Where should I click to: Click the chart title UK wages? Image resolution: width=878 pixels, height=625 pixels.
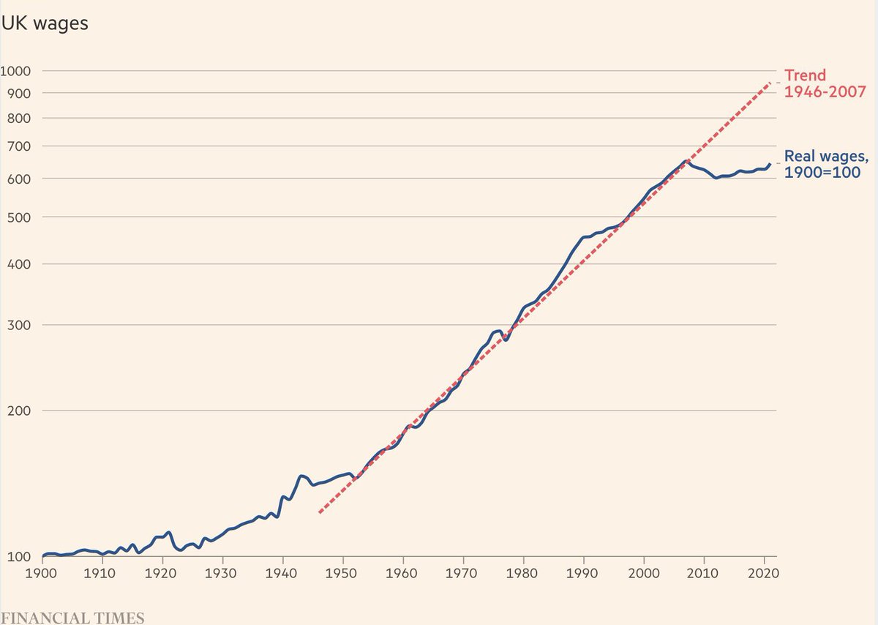tap(45, 23)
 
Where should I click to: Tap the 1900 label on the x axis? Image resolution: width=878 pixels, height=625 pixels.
tap(41, 572)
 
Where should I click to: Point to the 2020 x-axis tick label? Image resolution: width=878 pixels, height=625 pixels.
tap(763, 572)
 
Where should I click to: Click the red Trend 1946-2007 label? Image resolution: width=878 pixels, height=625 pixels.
tap(825, 83)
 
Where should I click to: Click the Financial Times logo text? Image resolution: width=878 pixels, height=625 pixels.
tap(72, 615)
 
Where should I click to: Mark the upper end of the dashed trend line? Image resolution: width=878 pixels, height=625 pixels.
tap(770, 83)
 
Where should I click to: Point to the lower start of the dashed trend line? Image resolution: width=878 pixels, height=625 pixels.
tap(319, 512)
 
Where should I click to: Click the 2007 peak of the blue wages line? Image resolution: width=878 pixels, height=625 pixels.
tap(686, 161)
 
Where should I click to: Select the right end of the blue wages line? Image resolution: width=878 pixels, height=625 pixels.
tap(770, 164)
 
